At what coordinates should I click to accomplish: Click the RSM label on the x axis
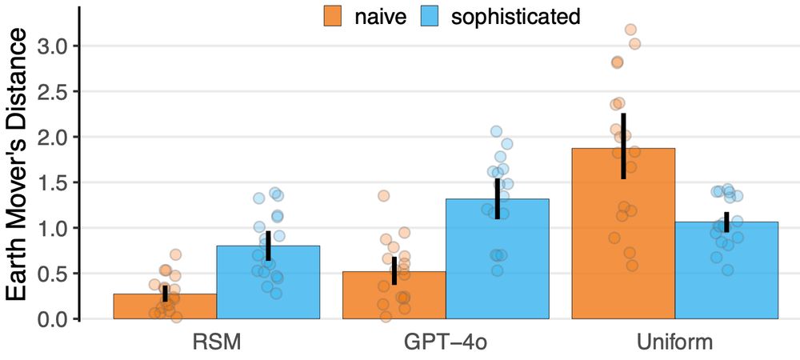point(217,342)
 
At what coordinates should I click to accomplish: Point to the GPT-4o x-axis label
point(446,342)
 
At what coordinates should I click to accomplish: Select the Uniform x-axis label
point(674,342)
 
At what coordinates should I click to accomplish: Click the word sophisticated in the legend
point(515,16)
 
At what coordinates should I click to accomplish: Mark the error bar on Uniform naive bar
point(623,146)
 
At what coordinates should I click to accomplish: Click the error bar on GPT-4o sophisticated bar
point(497,198)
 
